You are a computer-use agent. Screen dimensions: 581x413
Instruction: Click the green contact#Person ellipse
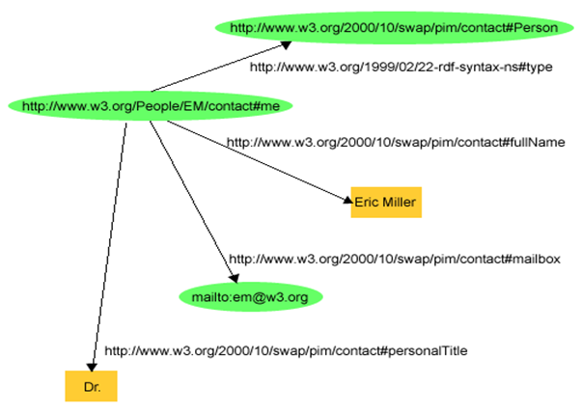point(394,28)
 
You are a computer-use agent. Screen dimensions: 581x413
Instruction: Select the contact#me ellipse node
point(151,106)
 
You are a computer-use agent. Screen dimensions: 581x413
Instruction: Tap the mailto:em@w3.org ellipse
point(251,296)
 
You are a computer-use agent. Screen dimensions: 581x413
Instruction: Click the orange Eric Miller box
point(386,203)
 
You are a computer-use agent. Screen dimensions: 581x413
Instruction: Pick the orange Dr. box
point(91,386)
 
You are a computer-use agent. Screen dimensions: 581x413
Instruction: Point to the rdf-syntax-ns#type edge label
point(401,67)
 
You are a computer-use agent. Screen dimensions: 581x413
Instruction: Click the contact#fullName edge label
point(396,142)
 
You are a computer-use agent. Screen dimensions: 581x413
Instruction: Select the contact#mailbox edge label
point(395,259)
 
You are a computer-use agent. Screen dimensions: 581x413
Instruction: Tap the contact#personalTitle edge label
point(286,350)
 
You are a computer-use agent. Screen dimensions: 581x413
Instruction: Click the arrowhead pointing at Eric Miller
point(347,200)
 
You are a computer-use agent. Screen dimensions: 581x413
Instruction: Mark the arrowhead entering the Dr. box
point(92,367)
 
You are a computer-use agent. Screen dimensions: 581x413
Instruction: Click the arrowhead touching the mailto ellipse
point(234,278)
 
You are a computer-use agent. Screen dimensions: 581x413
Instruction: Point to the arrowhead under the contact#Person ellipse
point(287,44)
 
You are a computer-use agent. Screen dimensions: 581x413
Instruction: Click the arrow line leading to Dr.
point(108,247)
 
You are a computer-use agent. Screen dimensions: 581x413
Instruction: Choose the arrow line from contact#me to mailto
point(193,202)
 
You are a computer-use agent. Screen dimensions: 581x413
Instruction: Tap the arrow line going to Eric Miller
point(260,162)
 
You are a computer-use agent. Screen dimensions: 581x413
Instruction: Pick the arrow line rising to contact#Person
point(221,67)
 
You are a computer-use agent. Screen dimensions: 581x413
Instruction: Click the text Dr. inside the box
point(92,387)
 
